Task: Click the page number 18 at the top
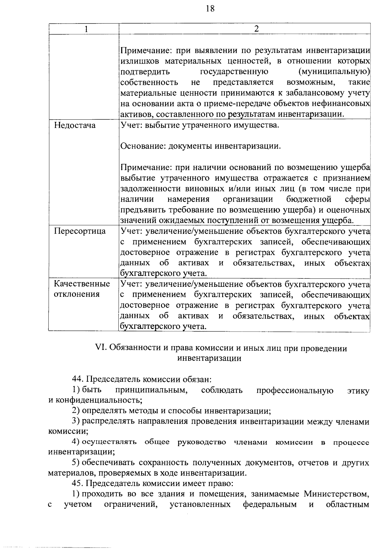point(210,9)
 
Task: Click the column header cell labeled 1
point(86,29)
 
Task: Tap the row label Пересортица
point(80,231)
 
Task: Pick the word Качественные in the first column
point(82,284)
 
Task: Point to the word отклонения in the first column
point(76,294)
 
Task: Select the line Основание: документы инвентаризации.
point(200,146)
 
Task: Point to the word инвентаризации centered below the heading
point(209,358)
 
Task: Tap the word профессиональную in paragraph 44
point(295,390)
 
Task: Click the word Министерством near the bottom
point(336,494)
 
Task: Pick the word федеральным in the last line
point(270,504)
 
